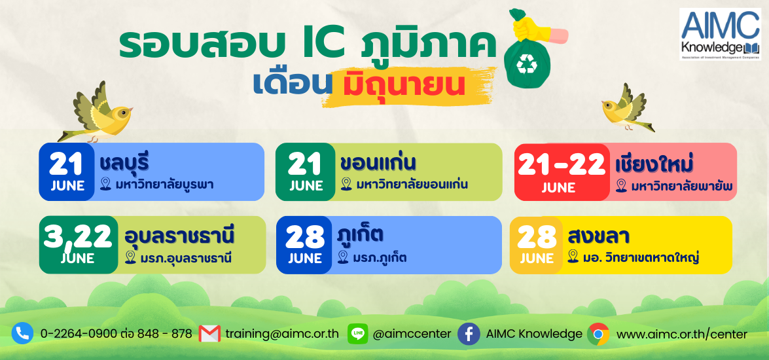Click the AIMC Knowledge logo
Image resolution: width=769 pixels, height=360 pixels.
720,34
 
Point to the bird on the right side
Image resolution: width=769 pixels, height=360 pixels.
628,109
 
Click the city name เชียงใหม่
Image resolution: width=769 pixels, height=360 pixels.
654,165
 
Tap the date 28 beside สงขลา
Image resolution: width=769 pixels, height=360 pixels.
537,238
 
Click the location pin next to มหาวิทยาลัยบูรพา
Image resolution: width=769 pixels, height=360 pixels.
106,185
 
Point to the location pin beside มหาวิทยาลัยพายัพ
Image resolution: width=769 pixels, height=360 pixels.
621,186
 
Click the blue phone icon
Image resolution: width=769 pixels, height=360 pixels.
22,334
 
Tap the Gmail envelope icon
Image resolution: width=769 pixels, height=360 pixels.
209,334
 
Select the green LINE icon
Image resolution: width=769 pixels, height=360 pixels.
357,334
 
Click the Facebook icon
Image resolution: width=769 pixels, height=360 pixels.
469,334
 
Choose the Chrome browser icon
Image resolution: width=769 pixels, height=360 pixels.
598,334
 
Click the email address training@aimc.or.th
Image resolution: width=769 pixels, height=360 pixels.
282,334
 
